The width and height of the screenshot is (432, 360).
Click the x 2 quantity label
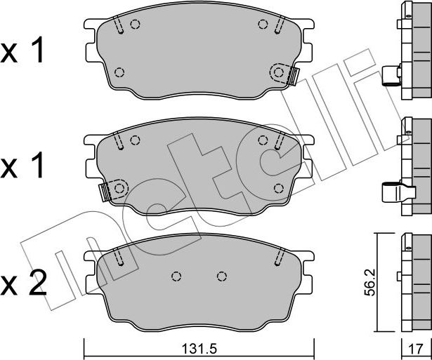24,284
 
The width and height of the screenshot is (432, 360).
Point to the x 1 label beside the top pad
24,51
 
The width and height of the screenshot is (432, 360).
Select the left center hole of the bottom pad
176,275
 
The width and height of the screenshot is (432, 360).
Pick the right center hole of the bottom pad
223,275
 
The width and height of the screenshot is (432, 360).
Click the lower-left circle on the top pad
119,72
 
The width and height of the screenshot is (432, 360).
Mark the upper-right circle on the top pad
263,25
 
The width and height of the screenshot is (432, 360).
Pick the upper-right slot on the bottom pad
279,258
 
